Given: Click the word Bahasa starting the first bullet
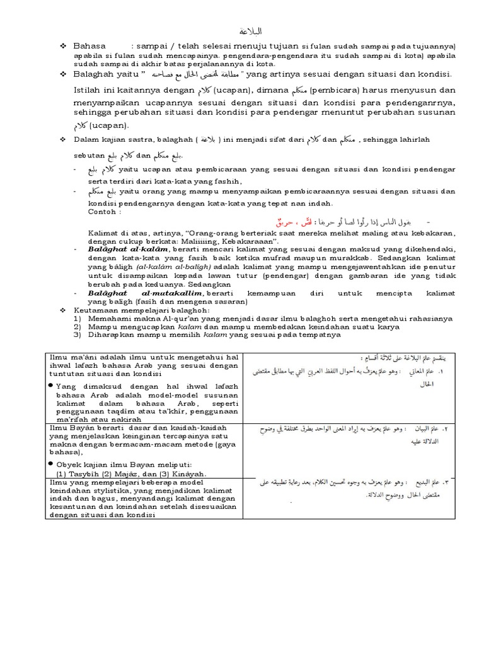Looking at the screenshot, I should tap(88, 46).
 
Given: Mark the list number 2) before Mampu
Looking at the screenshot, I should tap(78, 327).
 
